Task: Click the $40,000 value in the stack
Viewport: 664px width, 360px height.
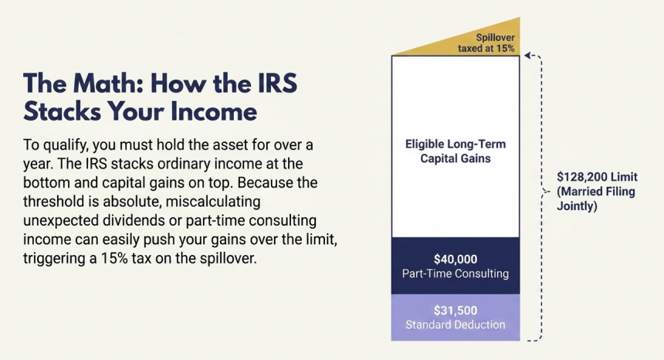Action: coord(455,259)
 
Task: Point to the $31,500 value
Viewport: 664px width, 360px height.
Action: coord(455,310)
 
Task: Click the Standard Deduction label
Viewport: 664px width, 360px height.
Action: coord(455,324)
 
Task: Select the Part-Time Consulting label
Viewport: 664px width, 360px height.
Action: coord(455,273)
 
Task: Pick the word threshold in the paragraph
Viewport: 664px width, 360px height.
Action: coord(53,202)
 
